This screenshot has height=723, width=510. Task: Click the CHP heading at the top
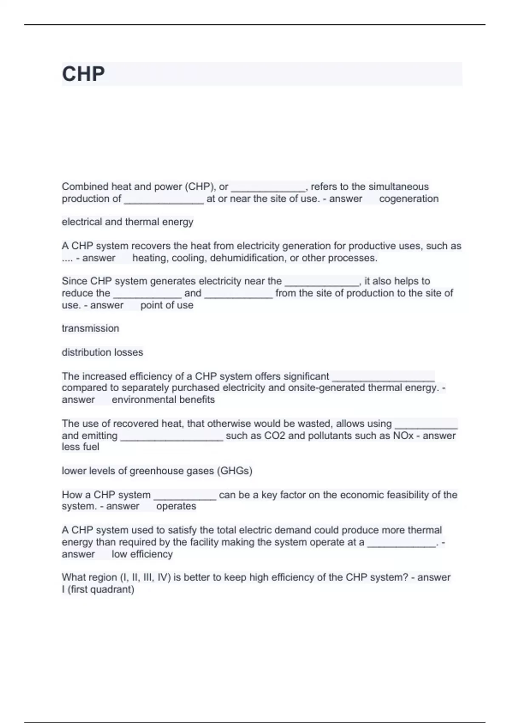(83, 74)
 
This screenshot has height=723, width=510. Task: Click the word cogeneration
(408, 199)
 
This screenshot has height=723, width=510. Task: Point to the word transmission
(90, 328)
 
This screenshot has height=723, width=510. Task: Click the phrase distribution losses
(102, 352)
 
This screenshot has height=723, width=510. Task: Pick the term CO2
(275, 436)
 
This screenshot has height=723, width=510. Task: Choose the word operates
(176, 506)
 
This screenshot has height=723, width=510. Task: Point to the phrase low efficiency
(142, 554)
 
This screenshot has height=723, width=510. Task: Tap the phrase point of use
(167, 305)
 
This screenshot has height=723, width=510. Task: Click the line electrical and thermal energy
(127, 222)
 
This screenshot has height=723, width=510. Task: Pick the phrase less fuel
(80, 447)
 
